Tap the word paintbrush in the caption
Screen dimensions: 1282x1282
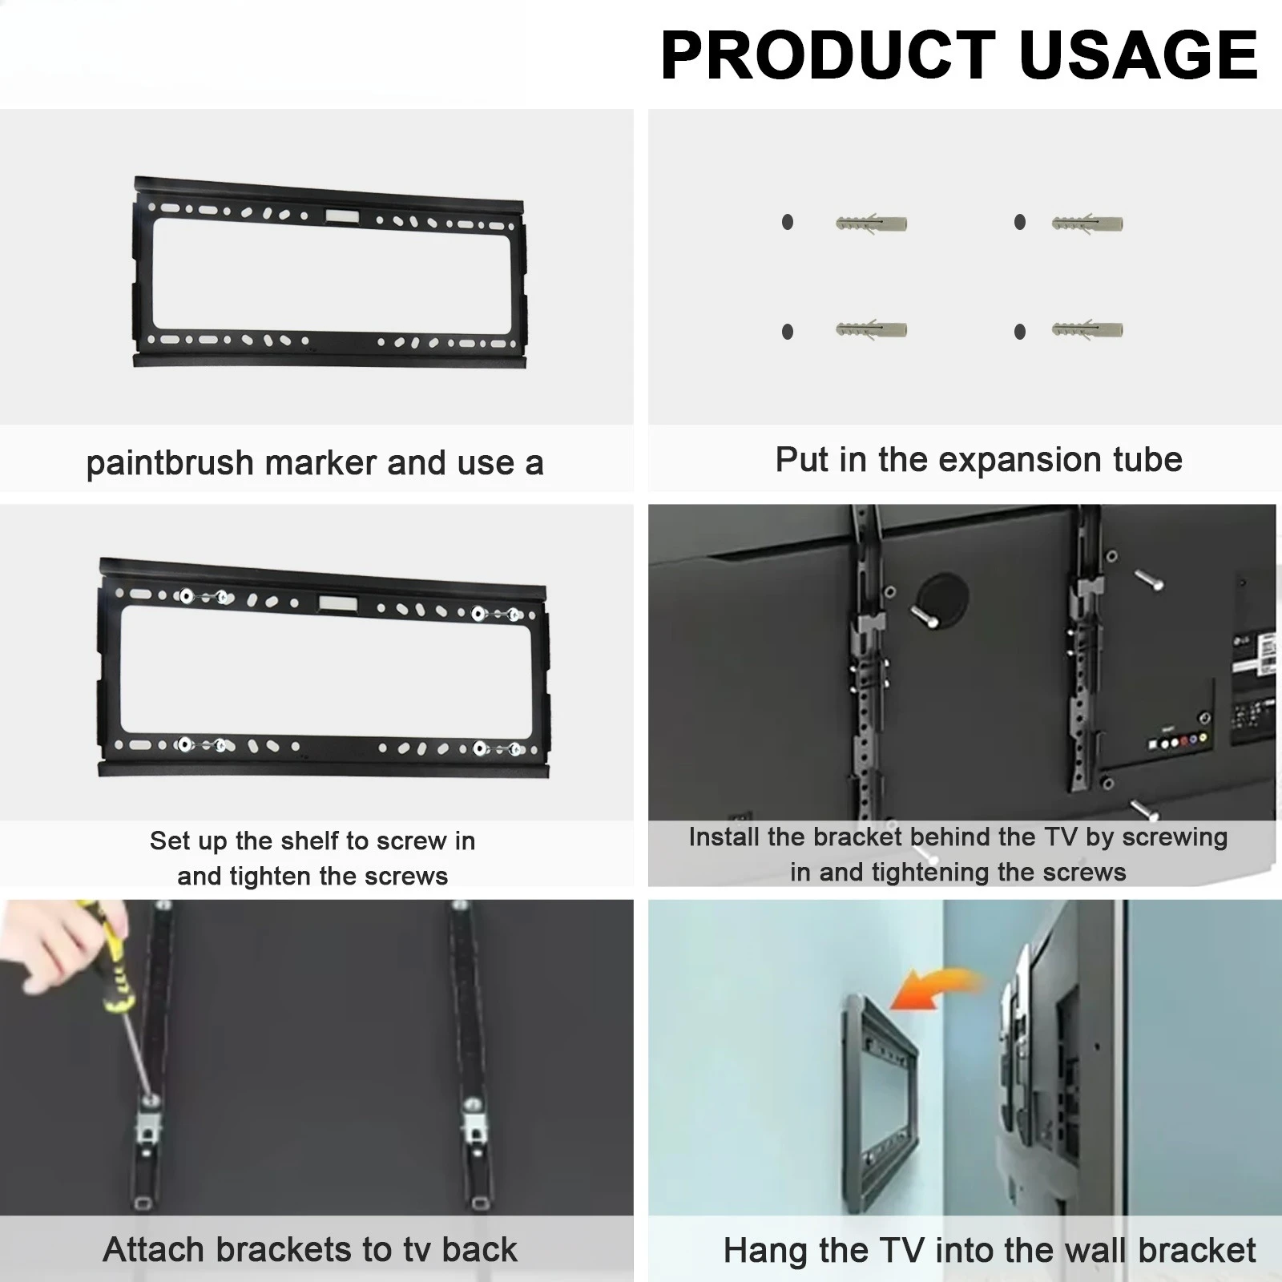(170, 464)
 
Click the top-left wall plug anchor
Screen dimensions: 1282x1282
(871, 222)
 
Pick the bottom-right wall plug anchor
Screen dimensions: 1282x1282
(1087, 329)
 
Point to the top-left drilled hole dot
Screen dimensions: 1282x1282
(788, 222)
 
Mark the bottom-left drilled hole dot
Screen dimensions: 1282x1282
(788, 331)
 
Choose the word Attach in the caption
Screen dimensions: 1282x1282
(155, 1249)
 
